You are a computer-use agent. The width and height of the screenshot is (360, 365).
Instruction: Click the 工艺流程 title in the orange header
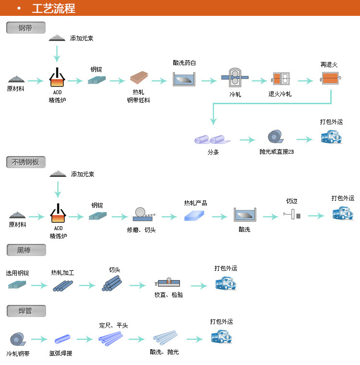[53, 8]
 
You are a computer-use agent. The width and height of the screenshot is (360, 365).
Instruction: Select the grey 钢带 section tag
[26, 28]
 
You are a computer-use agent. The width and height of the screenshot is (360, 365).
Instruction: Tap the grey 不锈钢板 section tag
[26, 162]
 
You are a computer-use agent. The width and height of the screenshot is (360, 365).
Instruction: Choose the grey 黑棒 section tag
[26, 250]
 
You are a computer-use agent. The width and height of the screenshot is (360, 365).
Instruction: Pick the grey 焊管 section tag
[26, 311]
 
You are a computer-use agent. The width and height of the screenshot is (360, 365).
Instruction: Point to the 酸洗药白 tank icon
[185, 78]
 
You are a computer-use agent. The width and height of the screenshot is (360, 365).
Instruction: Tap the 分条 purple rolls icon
[212, 140]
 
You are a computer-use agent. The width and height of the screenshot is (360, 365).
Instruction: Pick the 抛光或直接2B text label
[276, 152]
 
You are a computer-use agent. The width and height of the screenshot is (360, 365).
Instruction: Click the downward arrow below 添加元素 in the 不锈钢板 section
[58, 189]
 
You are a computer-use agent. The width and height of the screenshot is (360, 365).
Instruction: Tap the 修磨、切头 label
[141, 230]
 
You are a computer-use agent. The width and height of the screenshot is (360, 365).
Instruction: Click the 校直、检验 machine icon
[168, 283]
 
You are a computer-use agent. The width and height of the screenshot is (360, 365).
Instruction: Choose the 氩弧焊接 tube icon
[62, 341]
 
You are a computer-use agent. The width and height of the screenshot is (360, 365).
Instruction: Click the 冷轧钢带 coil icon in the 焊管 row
[17, 340]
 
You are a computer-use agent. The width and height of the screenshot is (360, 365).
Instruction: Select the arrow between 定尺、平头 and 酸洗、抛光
[135, 339]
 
